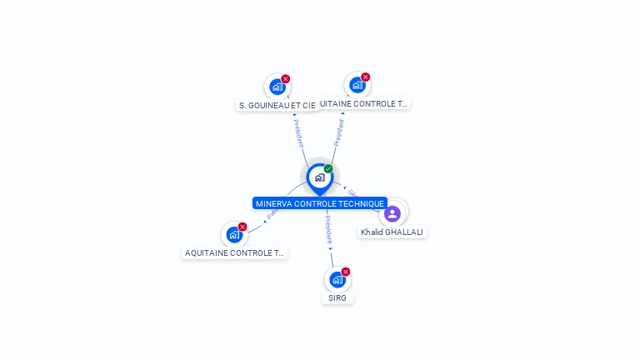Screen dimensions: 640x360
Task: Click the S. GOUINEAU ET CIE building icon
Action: [x=277, y=87]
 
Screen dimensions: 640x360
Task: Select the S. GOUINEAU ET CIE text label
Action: [x=277, y=106]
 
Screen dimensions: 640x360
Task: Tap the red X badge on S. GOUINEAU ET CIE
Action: [x=286, y=79]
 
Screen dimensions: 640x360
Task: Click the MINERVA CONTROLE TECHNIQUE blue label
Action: [x=320, y=203]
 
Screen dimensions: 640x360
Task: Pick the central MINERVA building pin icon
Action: [x=319, y=177]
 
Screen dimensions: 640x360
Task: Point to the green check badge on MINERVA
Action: [x=328, y=169]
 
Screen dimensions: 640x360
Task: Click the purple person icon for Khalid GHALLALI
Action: [x=392, y=214]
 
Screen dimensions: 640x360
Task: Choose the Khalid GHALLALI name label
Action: [x=392, y=232]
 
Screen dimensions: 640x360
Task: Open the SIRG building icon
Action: [x=337, y=279]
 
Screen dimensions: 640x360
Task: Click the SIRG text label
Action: [x=337, y=297]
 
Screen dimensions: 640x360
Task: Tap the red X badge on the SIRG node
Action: [x=346, y=272]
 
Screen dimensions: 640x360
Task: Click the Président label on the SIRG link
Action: [x=327, y=228]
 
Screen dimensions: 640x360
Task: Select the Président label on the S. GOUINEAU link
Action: [x=299, y=133]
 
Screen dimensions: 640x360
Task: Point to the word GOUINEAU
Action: [x=272, y=106]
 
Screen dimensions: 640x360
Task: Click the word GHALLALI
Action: [x=404, y=232]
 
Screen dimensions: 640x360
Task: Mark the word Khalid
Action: [x=372, y=232]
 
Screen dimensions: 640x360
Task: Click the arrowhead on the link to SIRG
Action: [x=330, y=248]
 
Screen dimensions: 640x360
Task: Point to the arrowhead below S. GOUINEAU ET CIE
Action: [x=294, y=115]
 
